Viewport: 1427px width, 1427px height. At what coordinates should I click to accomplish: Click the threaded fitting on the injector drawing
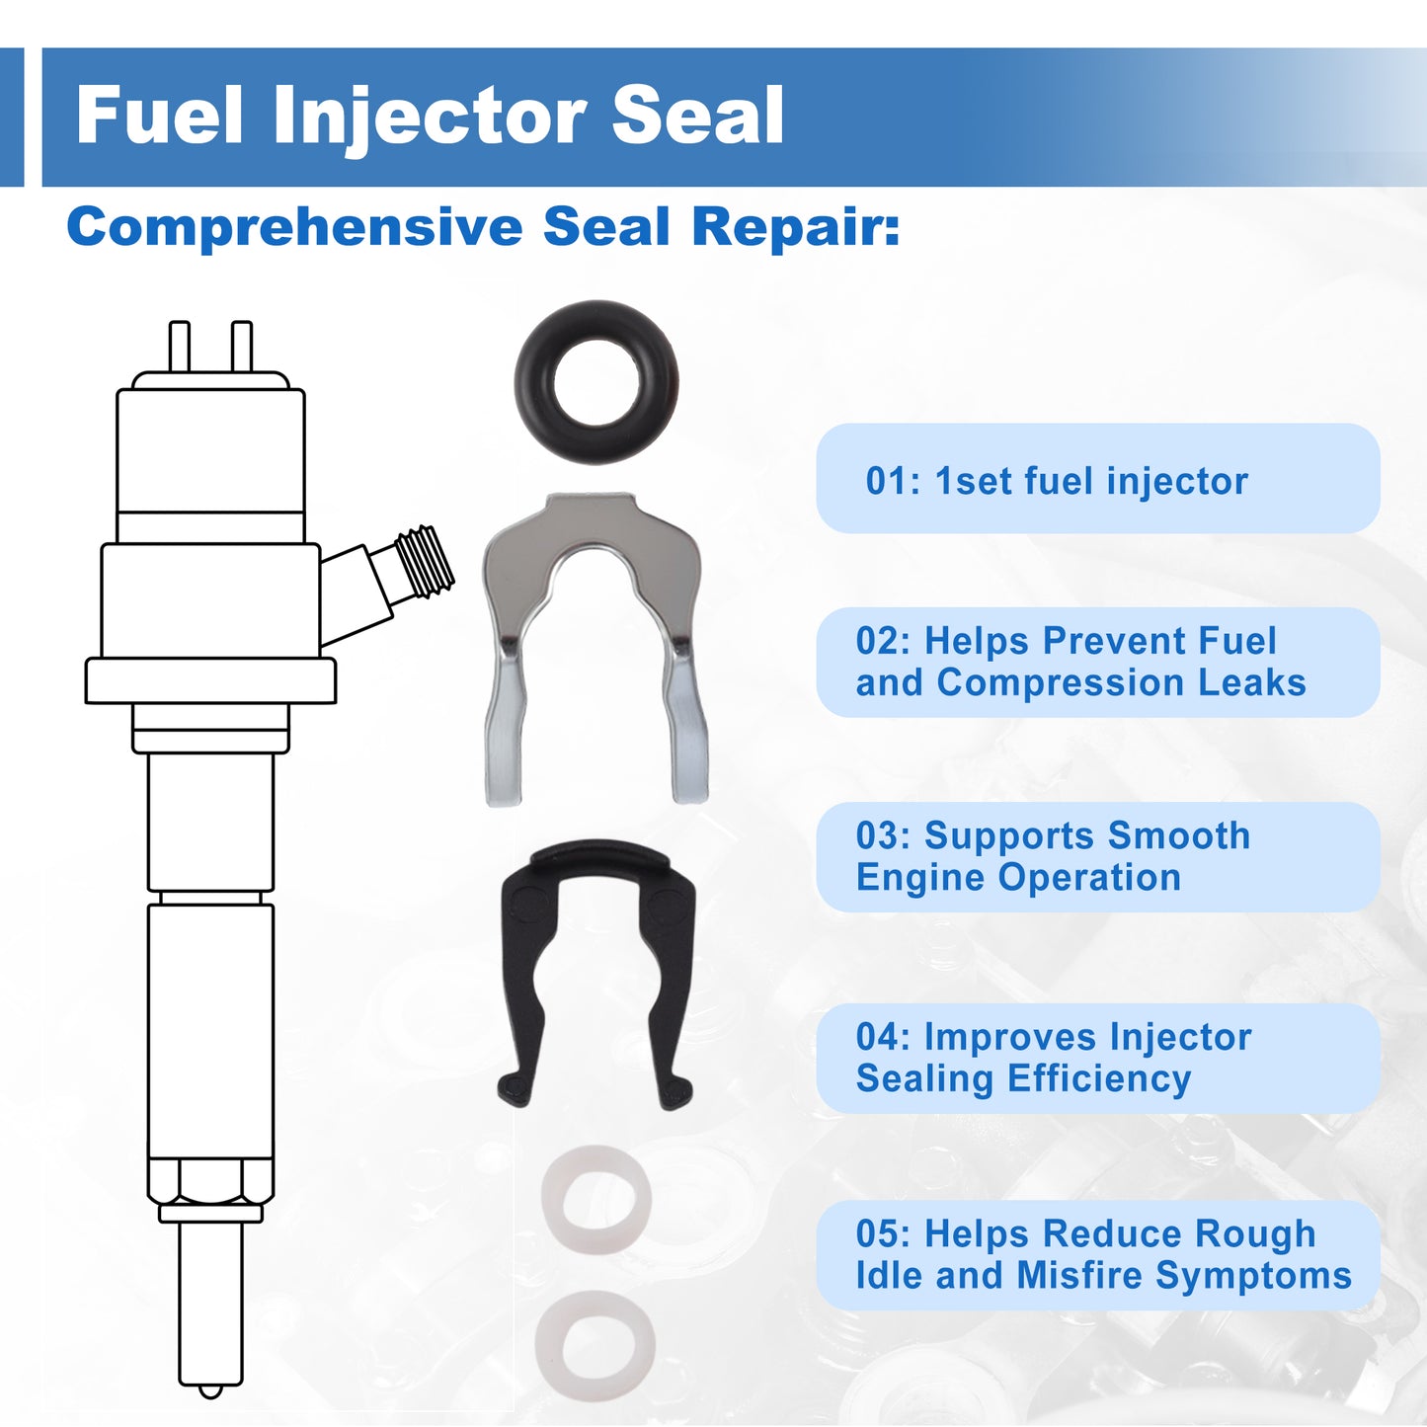click(x=424, y=563)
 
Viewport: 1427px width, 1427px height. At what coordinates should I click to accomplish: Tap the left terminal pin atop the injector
click(x=179, y=346)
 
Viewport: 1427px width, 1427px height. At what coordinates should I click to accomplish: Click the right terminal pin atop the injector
click(x=242, y=346)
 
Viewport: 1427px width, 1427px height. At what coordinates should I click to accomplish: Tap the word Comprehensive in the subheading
click(x=294, y=227)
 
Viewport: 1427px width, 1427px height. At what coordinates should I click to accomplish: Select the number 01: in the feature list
click(x=893, y=481)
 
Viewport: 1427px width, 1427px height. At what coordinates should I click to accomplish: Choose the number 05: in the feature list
click(x=884, y=1233)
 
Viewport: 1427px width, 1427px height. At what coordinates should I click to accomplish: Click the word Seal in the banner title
click(x=698, y=116)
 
